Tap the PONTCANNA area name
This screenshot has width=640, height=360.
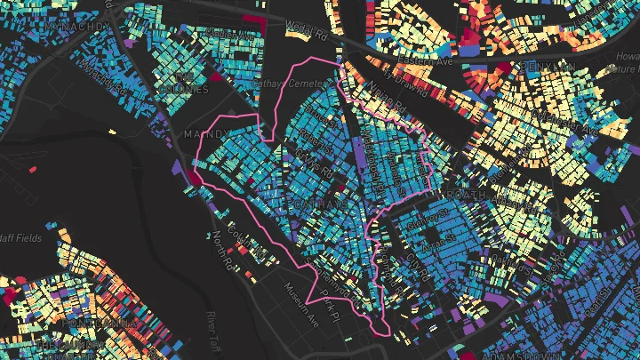click(x=80, y=321)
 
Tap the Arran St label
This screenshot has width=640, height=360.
click(x=435, y=238)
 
